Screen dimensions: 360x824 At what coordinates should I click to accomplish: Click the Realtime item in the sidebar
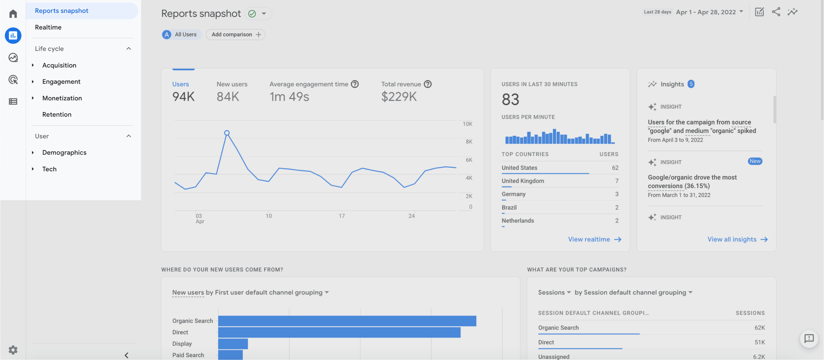(48, 27)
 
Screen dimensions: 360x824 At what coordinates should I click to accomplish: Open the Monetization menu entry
(62, 98)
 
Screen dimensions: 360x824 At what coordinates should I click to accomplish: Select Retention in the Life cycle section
(57, 115)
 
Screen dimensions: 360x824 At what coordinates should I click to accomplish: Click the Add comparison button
(236, 34)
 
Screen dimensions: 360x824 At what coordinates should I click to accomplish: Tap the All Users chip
(182, 34)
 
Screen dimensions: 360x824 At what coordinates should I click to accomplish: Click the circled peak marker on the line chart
(227, 133)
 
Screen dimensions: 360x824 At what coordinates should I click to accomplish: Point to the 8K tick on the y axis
(469, 142)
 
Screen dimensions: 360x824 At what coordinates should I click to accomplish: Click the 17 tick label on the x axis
(342, 216)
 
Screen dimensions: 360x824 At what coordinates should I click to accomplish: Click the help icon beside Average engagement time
(355, 84)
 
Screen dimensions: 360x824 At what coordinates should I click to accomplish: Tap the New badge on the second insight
(755, 161)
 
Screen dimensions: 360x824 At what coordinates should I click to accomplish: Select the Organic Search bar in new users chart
(347, 321)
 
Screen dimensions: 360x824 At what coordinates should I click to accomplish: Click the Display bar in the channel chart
(233, 344)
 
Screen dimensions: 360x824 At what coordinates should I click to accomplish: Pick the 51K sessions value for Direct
(759, 342)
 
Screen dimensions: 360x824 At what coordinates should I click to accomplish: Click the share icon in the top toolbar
(776, 12)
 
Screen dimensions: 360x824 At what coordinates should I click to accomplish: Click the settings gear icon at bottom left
(13, 350)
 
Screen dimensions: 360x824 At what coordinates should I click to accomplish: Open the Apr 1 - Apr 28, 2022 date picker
(709, 12)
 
